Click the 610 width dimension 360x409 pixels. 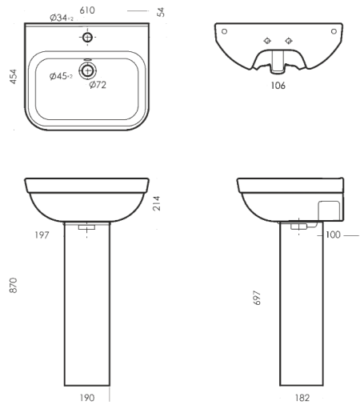87,10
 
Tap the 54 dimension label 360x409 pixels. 161,12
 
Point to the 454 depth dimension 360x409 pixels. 14,77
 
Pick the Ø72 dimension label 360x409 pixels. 98,85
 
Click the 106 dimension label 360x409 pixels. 278,86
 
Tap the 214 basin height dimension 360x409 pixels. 157,203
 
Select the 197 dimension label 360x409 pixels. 42,235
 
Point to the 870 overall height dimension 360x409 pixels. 14,285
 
